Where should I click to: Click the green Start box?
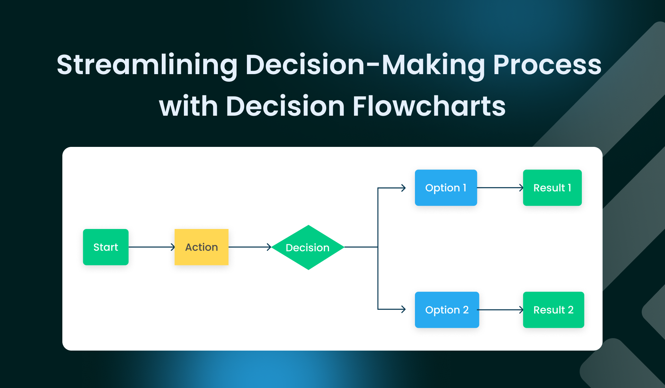click(x=106, y=247)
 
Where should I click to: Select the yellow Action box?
click(x=202, y=247)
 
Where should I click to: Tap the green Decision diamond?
click(x=308, y=247)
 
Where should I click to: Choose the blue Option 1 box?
click(x=446, y=188)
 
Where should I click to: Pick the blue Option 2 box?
click(x=447, y=310)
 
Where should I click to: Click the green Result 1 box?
click(x=552, y=188)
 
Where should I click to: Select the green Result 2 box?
click(x=553, y=310)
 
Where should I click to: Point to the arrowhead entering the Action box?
click(x=173, y=247)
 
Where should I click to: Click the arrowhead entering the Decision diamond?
click(x=269, y=247)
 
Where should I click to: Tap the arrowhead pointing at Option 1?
click(x=403, y=188)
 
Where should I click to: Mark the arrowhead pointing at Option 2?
click(x=403, y=309)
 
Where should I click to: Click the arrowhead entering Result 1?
click(x=521, y=188)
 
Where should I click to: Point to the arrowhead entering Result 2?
click(x=521, y=310)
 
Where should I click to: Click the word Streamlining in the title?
click(x=147, y=65)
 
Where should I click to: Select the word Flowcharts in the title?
click(x=429, y=106)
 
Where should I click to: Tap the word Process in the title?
click(x=547, y=65)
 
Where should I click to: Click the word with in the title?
click(x=188, y=106)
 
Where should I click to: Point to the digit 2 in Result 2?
click(x=571, y=310)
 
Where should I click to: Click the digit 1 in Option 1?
click(x=464, y=188)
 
